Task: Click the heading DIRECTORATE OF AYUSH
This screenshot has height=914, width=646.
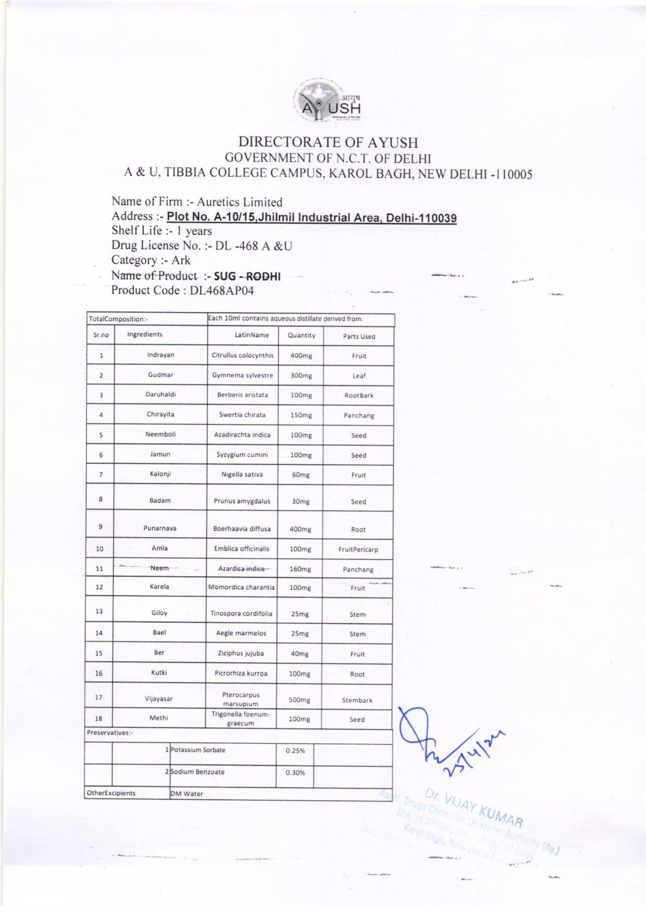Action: pyautogui.click(x=328, y=142)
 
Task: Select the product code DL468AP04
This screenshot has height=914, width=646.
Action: pyautogui.click(x=221, y=291)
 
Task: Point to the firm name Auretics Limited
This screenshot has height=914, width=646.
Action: pyautogui.click(x=239, y=202)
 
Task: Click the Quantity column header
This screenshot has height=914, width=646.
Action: pyautogui.click(x=301, y=336)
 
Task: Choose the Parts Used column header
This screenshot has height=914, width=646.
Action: pyautogui.click(x=359, y=336)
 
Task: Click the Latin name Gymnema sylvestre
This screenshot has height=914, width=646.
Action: pyautogui.click(x=242, y=375)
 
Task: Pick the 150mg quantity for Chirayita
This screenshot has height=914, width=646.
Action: pyautogui.click(x=301, y=415)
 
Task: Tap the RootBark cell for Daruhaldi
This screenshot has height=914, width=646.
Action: pyautogui.click(x=359, y=395)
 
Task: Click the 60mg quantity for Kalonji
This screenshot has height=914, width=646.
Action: pyautogui.click(x=301, y=475)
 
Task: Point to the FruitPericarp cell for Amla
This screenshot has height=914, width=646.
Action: pyautogui.click(x=358, y=550)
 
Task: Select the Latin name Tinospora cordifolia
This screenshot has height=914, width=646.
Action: pyautogui.click(x=241, y=613)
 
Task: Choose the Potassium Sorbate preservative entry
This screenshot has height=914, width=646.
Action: pyautogui.click(x=198, y=750)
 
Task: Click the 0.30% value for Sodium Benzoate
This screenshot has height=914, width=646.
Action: pyautogui.click(x=295, y=773)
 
